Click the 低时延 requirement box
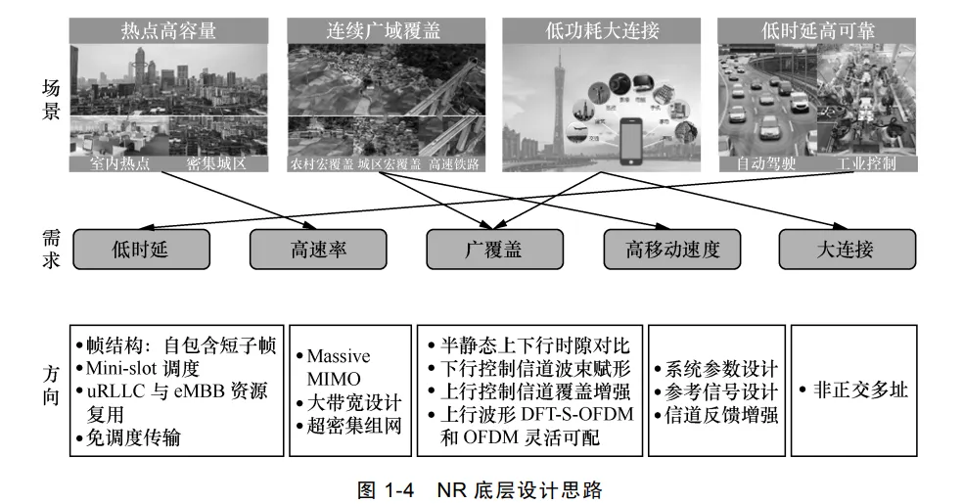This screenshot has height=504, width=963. [x=140, y=250]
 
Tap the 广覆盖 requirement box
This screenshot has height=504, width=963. [x=493, y=250]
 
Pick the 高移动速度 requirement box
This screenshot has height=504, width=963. [x=672, y=250]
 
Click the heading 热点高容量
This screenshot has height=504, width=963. [x=167, y=30]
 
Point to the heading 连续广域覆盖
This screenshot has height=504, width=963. [x=384, y=30]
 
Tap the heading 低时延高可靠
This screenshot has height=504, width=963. [x=815, y=30]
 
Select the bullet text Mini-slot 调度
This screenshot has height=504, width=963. [x=142, y=369]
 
